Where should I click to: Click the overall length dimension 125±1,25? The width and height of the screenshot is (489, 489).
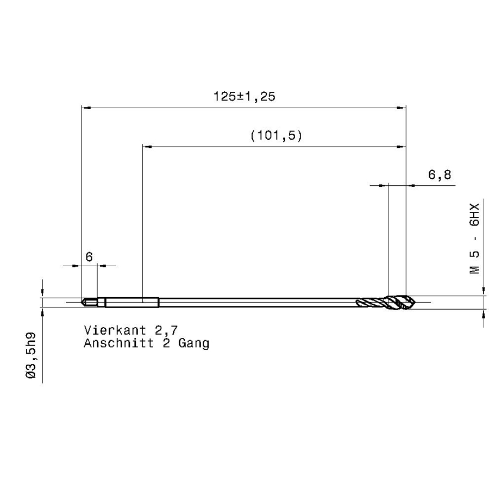(x=244, y=96)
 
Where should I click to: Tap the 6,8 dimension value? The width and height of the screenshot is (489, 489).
(x=440, y=174)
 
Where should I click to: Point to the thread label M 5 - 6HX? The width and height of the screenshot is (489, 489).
(x=474, y=239)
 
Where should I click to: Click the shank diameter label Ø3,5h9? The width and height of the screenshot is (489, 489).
(x=31, y=355)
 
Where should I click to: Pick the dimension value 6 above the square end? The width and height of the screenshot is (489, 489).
(x=89, y=257)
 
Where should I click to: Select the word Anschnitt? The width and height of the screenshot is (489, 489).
(x=119, y=343)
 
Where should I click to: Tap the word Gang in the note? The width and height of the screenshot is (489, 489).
(x=193, y=343)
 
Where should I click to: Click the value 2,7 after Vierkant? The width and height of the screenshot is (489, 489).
(x=166, y=330)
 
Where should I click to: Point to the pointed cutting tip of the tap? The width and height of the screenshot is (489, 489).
(x=416, y=302)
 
